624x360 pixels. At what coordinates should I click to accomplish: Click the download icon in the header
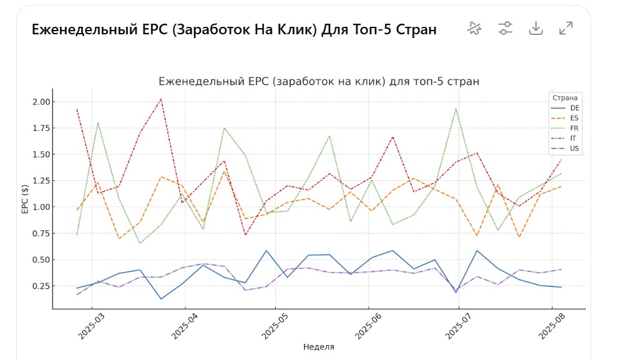click(x=535, y=28)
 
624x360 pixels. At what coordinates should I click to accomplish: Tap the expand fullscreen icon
click(x=566, y=28)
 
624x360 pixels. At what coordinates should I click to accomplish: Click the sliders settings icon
click(x=505, y=28)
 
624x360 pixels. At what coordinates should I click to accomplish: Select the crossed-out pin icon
click(x=475, y=28)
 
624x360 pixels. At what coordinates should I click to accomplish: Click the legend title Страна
click(x=565, y=98)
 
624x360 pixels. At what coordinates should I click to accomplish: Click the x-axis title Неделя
click(x=318, y=347)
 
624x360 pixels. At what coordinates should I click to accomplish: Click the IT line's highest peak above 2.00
click(x=161, y=99)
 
